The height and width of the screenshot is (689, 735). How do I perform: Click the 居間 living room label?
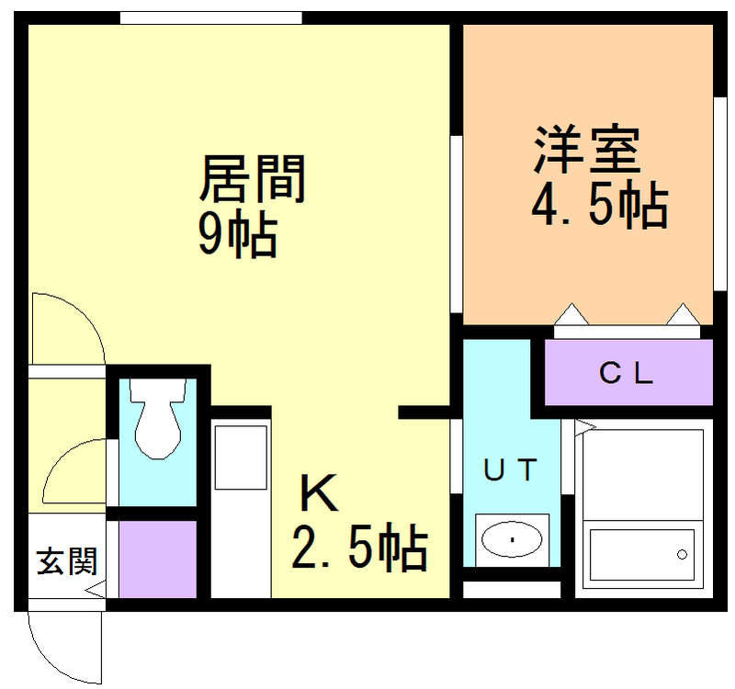(x=253, y=179)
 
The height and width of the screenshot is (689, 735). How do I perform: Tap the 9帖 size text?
(x=237, y=234)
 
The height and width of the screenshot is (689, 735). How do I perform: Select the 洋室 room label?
(x=587, y=150)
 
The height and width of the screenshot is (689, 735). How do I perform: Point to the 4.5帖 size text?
(x=600, y=204)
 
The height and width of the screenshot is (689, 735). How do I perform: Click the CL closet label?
(x=626, y=374)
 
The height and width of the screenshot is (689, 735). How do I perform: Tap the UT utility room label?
(x=511, y=469)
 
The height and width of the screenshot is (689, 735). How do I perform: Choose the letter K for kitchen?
(x=319, y=492)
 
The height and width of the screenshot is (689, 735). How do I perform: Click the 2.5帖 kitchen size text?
(x=359, y=547)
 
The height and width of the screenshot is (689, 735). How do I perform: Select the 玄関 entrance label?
(x=67, y=561)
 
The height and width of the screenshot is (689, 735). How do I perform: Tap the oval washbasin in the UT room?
(x=512, y=539)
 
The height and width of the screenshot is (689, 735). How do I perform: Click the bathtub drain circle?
(x=682, y=555)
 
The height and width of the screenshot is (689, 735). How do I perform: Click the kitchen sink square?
(x=241, y=457)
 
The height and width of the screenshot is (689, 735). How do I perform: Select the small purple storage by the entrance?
(x=157, y=559)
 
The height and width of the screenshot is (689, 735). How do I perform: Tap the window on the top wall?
(x=211, y=17)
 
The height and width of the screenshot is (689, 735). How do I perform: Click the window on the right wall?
(x=719, y=194)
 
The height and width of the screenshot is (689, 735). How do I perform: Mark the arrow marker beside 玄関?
(x=96, y=589)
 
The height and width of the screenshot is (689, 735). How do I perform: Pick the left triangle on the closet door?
(x=571, y=314)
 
